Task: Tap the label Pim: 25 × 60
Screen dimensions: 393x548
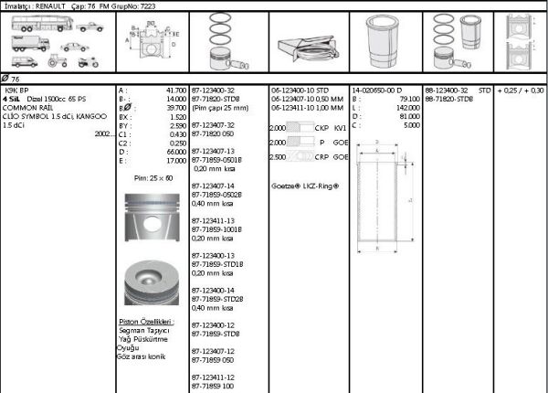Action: [153, 177]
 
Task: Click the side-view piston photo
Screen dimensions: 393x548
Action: [151, 218]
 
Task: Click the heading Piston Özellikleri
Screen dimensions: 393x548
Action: [146, 323]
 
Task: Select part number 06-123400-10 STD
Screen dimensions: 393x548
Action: [303, 90]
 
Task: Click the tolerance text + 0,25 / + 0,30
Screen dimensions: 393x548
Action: [521, 90]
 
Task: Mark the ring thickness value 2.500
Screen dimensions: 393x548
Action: [278, 157]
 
